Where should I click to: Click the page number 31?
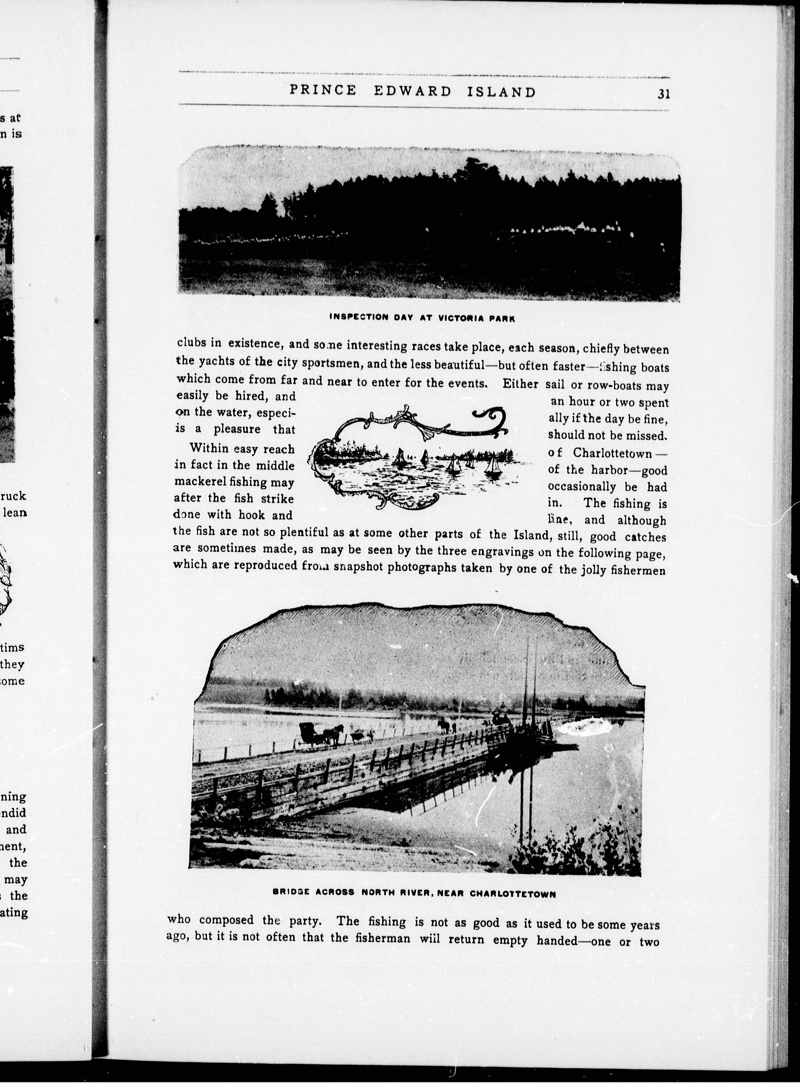[x=664, y=94]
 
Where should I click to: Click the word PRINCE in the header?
[x=323, y=91]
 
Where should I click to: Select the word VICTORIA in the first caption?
[x=460, y=318]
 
